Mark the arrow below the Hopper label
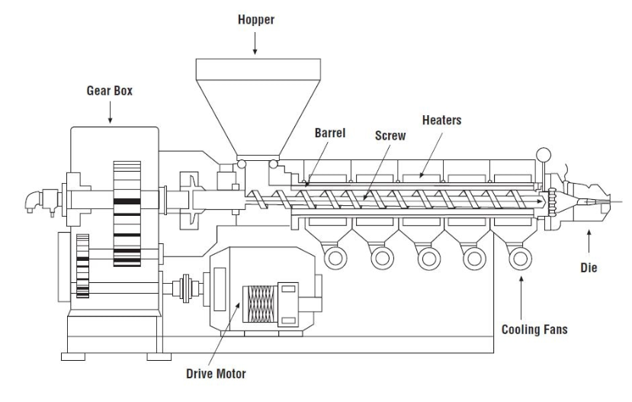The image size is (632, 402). [255, 47]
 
